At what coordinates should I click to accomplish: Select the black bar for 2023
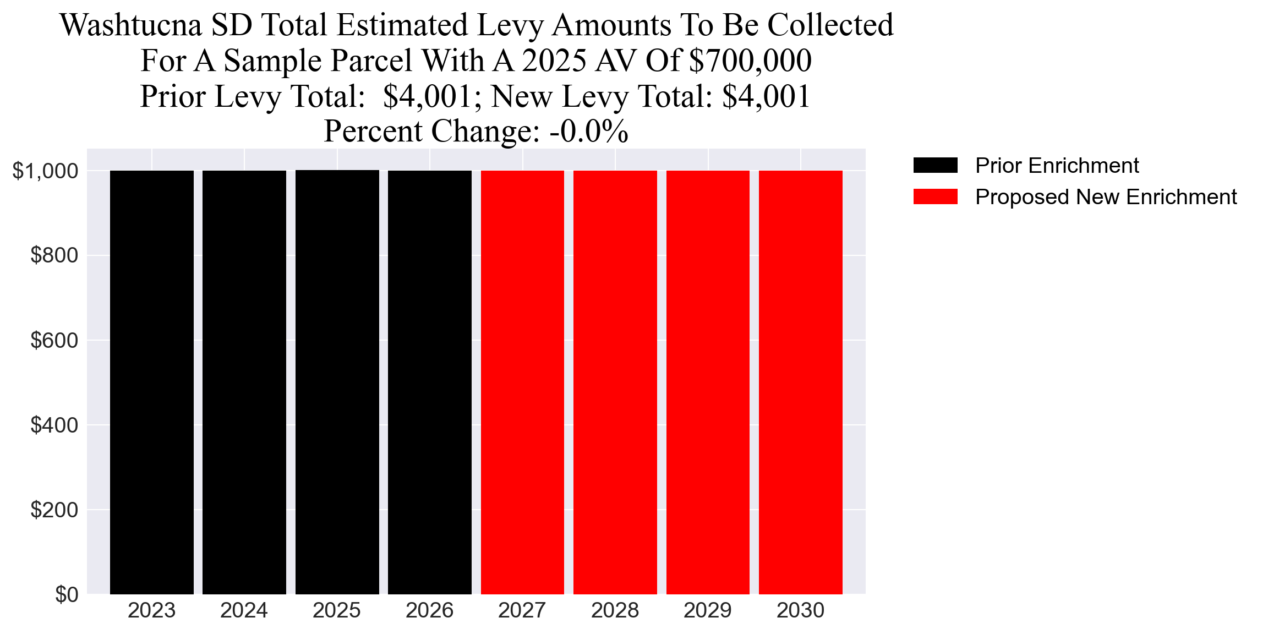click(x=152, y=382)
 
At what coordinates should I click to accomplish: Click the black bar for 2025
click(x=337, y=382)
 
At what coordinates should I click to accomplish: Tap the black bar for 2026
click(x=430, y=382)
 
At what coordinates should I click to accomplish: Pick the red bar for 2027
click(x=522, y=382)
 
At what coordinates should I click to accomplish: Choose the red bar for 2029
click(x=708, y=382)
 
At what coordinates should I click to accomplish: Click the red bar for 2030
click(x=800, y=382)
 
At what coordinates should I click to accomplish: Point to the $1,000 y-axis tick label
click(x=46, y=171)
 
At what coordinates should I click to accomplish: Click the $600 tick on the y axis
click(x=54, y=341)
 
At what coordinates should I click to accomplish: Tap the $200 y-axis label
click(x=54, y=510)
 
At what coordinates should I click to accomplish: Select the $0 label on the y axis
click(x=67, y=595)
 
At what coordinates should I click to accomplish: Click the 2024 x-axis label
click(x=244, y=610)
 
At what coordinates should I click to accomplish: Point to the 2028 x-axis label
click(x=615, y=610)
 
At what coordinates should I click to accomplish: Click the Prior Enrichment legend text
click(x=1057, y=166)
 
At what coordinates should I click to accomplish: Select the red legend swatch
click(x=935, y=197)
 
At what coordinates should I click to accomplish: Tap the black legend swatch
click(x=935, y=165)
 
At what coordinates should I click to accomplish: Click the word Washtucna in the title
click(x=131, y=25)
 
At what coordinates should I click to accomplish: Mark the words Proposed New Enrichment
click(x=1106, y=197)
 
